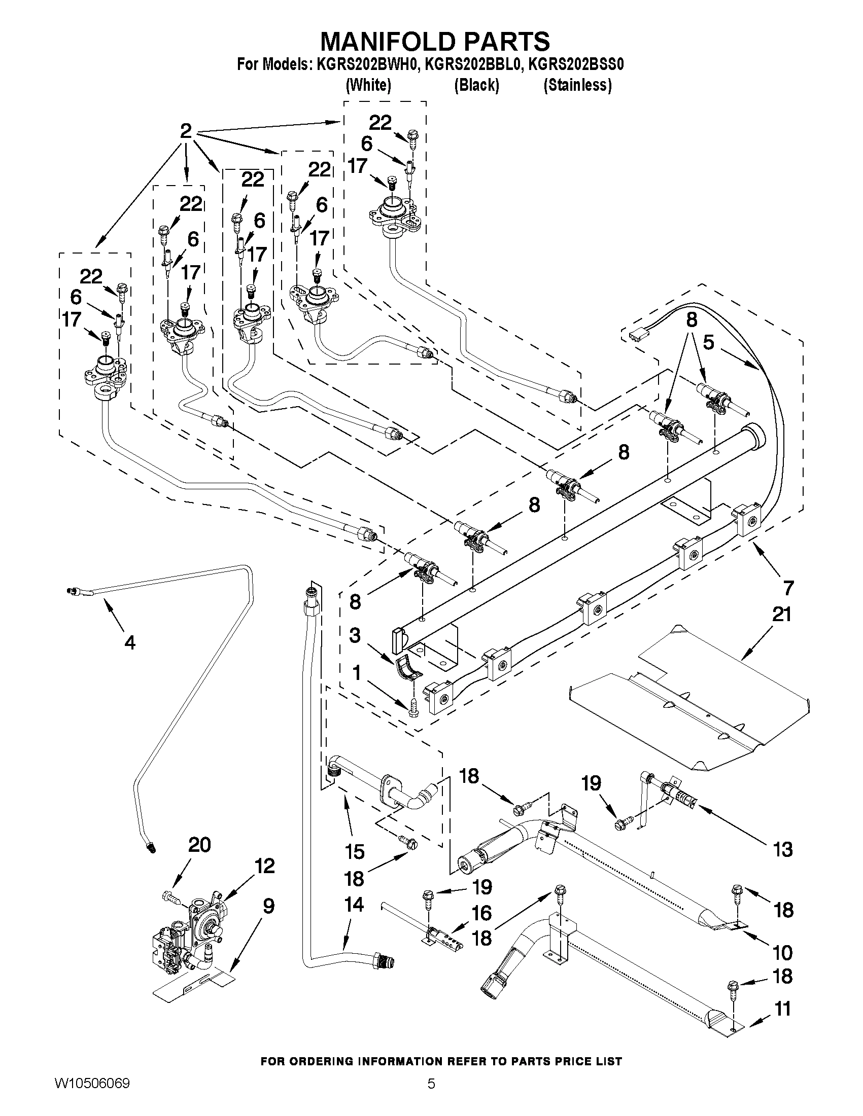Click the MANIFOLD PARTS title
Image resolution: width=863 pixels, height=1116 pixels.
435,41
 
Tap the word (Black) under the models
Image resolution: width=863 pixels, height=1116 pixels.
476,85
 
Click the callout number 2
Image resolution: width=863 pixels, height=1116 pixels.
186,131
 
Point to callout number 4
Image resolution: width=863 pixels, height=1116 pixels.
130,643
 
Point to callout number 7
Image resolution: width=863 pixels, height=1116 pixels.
788,588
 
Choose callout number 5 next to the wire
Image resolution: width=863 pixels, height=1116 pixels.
708,342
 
